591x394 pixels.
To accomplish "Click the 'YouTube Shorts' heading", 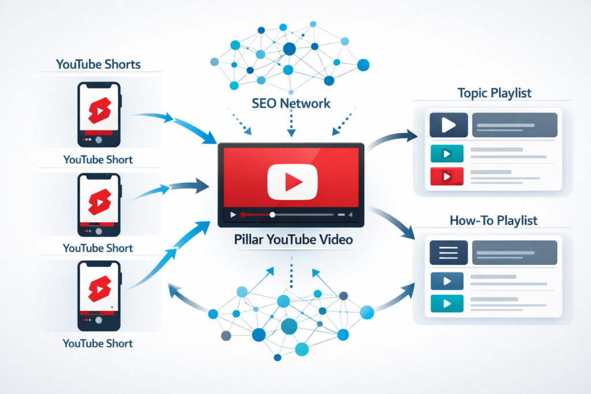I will (98, 63).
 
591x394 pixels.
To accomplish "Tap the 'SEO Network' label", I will (291, 103).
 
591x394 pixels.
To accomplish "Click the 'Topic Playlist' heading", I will (494, 93).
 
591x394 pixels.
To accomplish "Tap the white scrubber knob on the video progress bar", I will (272, 215).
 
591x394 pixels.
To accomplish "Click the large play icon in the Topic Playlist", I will (448, 125).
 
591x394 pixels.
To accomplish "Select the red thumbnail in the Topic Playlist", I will (447, 175).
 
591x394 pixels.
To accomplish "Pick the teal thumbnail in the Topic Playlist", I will (447, 153).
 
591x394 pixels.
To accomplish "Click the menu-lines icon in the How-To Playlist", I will (448, 253).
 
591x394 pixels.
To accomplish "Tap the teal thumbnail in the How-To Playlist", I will (447, 303).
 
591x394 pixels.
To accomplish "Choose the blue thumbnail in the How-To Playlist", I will (447, 281).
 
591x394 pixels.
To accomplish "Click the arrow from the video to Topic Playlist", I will (392, 141).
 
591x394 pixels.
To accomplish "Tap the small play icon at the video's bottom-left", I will (233, 215).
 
